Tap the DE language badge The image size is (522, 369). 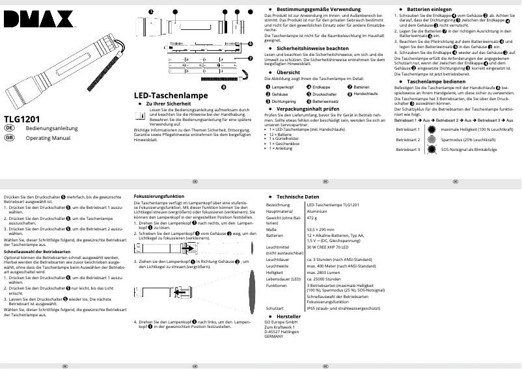coord(9,129)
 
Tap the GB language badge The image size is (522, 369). coord(9,139)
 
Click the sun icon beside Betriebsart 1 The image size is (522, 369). coord(432,130)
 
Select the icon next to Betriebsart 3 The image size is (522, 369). coord(432,149)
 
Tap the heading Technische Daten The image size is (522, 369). coord(297,196)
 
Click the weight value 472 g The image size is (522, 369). coord(312,217)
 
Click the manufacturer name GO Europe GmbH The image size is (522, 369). coord(281,321)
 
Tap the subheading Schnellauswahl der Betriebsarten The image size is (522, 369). coord(37,251)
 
